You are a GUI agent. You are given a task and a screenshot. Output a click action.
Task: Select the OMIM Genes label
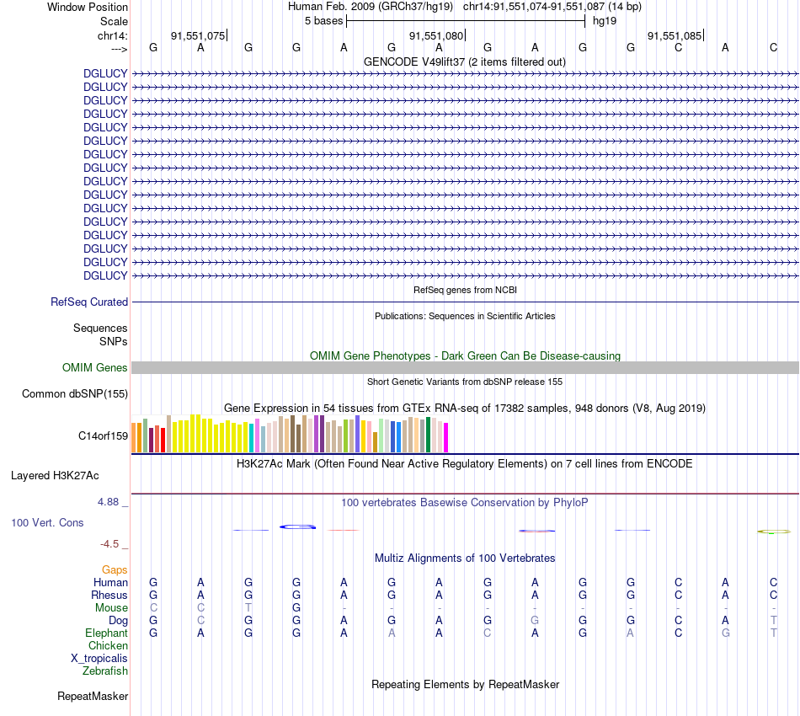coord(95,367)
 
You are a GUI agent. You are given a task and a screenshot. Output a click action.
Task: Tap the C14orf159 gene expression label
coord(103,435)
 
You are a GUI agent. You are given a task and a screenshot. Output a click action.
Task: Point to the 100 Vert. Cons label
coord(47,522)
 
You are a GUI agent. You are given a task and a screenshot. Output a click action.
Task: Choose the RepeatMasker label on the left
coord(93,696)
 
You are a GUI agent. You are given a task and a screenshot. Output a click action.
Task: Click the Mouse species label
coord(111,607)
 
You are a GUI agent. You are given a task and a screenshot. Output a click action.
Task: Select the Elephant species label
coord(106,633)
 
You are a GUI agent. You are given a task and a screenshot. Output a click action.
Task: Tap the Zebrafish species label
coord(105,671)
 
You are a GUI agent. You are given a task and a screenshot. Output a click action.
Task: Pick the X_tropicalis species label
coord(99,658)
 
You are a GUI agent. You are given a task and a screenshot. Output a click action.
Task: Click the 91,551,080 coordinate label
coord(436,35)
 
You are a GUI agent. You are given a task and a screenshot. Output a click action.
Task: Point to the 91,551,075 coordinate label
coord(198,35)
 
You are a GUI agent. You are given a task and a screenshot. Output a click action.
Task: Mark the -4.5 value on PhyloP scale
coord(115,543)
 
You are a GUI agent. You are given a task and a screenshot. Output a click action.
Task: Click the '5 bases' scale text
coord(324,20)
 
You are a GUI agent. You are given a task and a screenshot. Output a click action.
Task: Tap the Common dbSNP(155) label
coord(75,393)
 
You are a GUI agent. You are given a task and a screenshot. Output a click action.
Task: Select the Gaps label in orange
coord(115,570)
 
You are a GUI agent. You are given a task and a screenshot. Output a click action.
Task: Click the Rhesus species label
coord(109,595)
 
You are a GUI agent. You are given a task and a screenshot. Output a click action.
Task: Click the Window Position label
coord(88,7)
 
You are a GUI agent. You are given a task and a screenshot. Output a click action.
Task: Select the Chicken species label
coord(108,645)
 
